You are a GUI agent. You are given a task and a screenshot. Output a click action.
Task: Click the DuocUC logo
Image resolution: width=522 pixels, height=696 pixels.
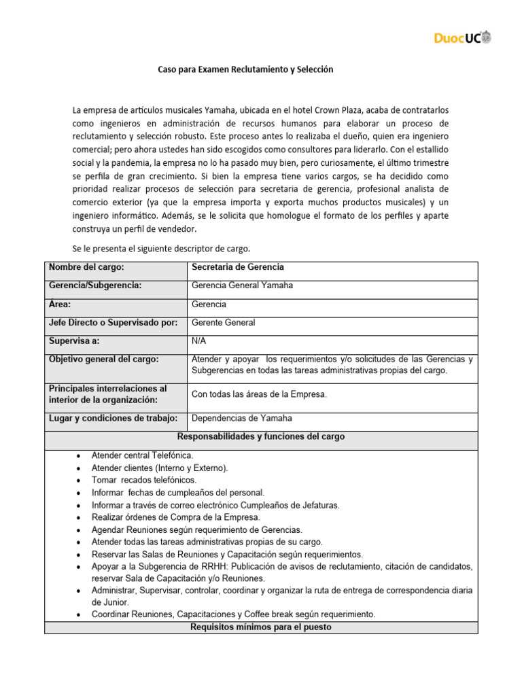point(462,37)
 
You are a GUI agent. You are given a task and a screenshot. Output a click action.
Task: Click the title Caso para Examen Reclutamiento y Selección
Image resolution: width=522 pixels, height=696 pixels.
point(245,70)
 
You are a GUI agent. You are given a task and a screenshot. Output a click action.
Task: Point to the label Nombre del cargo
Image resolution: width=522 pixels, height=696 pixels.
point(86,267)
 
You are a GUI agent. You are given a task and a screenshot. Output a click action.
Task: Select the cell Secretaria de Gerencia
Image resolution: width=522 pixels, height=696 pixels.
point(238,267)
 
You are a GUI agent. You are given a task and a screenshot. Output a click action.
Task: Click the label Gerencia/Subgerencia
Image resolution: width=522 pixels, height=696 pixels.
point(95,285)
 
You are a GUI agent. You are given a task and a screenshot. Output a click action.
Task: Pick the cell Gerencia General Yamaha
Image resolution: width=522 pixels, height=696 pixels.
point(243,285)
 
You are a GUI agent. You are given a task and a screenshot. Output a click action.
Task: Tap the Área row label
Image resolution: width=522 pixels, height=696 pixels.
point(60,304)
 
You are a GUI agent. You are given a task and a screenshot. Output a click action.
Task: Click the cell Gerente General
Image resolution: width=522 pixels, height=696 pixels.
point(224,322)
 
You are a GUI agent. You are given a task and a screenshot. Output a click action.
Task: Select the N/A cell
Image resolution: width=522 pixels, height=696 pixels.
point(200,341)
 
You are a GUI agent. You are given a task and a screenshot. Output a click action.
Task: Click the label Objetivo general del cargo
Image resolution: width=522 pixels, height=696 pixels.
point(103,359)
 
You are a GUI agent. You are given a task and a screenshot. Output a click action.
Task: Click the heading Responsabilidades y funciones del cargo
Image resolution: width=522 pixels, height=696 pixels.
point(261,437)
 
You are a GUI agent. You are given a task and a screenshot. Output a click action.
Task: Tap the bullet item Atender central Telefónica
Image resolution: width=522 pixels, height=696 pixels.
point(142,455)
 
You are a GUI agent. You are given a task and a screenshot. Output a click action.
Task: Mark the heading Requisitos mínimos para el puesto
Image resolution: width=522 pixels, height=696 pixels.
point(261,627)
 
